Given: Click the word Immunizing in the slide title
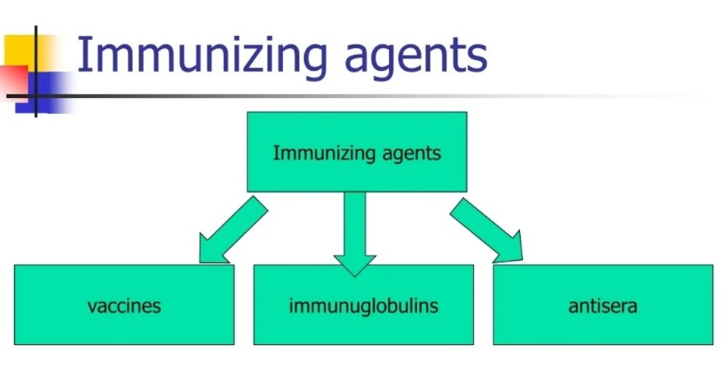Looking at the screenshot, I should point(196,56).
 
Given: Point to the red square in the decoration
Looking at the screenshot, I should point(13,80).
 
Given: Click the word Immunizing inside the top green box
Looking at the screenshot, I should point(311,153).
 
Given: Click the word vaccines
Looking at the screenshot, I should point(124,305).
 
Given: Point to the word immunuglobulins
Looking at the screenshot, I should point(363,305).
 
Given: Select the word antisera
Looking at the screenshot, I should point(603,305).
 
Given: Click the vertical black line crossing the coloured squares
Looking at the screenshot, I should point(36,74).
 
